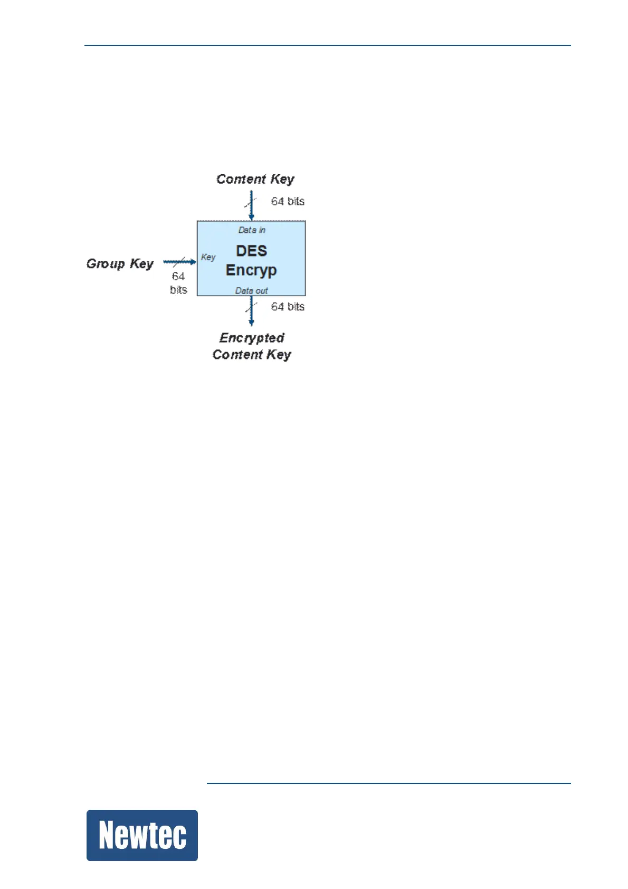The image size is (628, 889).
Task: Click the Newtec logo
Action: point(142,835)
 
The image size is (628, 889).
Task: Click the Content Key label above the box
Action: point(255,179)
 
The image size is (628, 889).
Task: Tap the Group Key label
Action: point(120,263)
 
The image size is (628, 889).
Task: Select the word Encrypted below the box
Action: point(252,338)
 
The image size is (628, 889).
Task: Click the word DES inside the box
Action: point(251,251)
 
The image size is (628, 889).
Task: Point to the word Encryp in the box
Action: point(251,270)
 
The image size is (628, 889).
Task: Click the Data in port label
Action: point(252,230)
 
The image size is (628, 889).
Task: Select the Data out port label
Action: point(251,291)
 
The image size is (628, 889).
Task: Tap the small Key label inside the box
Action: point(208,257)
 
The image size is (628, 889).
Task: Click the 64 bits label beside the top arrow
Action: point(288,201)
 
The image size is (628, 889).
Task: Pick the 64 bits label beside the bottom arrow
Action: point(288,307)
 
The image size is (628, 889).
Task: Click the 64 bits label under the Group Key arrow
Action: point(178,283)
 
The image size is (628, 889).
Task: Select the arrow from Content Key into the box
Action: point(251,206)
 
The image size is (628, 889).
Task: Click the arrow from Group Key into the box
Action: point(179,261)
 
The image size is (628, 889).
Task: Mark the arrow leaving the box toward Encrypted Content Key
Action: point(251,311)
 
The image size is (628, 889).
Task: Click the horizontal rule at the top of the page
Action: point(327,45)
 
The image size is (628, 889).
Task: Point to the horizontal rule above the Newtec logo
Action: point(388,783)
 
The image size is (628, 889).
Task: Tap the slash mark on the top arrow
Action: point(250,202)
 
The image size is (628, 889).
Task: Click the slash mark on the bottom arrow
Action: point(251,307)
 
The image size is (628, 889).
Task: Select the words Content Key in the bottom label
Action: point(252,355)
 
